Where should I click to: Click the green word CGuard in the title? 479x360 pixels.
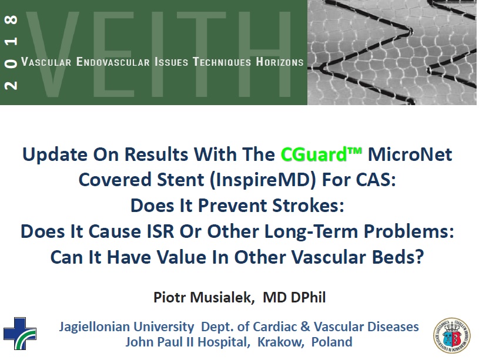(314, 154)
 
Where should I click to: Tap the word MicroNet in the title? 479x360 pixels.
(410, 154)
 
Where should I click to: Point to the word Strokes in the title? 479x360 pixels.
(308, 205)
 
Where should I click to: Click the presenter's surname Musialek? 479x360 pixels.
(222, 297)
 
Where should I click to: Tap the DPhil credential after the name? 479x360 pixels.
(308, 297)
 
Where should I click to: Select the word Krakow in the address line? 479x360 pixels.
(281, 342)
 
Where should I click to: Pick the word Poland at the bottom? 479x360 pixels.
(331, 342)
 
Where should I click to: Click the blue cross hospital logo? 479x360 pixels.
(20, 334)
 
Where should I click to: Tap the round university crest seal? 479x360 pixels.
(452, 335)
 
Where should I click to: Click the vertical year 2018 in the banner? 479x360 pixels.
(11, 52)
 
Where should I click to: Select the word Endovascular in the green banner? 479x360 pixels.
(113, 62)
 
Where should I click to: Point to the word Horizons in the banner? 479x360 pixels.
(280, 62)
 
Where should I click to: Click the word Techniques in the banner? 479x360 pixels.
(222, 62)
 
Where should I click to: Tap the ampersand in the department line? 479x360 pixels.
(305, 327)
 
